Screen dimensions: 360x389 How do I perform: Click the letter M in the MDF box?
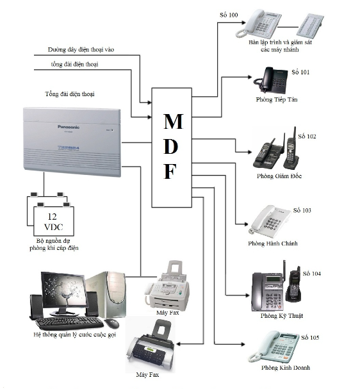pos(174,121)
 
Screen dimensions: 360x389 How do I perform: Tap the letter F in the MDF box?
pos(170,171)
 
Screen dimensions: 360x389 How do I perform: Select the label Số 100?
pos(229,15)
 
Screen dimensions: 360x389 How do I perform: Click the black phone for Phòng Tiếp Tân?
pos(270,79)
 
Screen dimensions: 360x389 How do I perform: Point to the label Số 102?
pos(307,137)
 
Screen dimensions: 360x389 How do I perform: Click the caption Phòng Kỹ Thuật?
pos(282,316)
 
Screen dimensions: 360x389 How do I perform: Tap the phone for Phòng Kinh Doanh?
pos(274,347)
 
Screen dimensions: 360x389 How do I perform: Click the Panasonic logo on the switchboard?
pos(69,127)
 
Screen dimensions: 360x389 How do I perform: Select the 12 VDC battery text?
pos(53,222)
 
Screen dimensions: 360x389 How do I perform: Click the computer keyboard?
pos(70,323)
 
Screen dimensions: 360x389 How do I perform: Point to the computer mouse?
pos(111,323)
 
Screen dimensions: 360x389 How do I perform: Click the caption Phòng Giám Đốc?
pos(279,176)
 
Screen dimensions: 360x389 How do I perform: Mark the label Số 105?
pos(310,338)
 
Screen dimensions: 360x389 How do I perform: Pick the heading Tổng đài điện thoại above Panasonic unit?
pos(70,94)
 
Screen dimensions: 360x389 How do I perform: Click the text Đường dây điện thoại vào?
pos(81,49)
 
